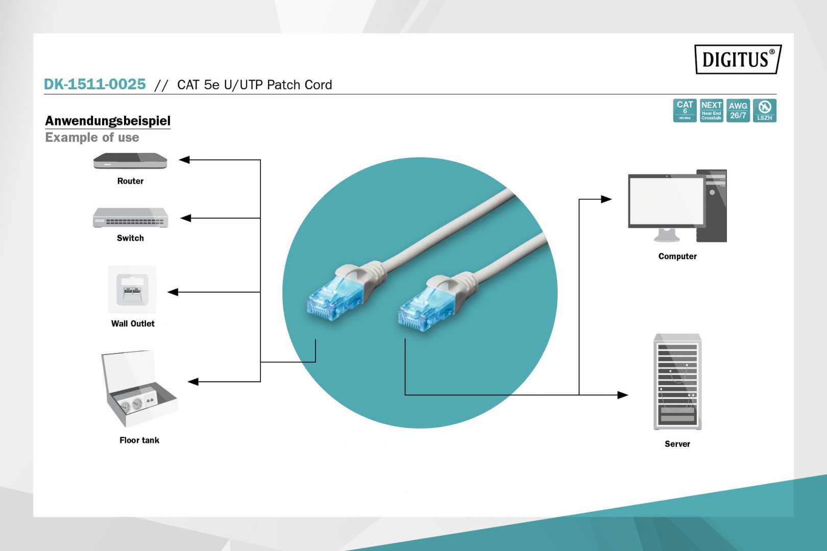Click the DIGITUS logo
coord(737,59)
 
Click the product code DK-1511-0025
coord(95,84)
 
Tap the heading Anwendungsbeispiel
coord(108,121)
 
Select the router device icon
coord(130,161)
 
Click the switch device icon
coord(130,218)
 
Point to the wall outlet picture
coord(132,289)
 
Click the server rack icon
coord(677,382)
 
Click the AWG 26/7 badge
coord(738,110)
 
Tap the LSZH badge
coord(764,110)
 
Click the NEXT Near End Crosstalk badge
coord(711,110)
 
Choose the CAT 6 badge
coord(685,110)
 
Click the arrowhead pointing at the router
coord(184,160)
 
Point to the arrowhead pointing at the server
coord(622,395)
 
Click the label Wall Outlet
coord(133,323)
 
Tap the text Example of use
coord(92,138)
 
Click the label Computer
coord(677,256)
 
